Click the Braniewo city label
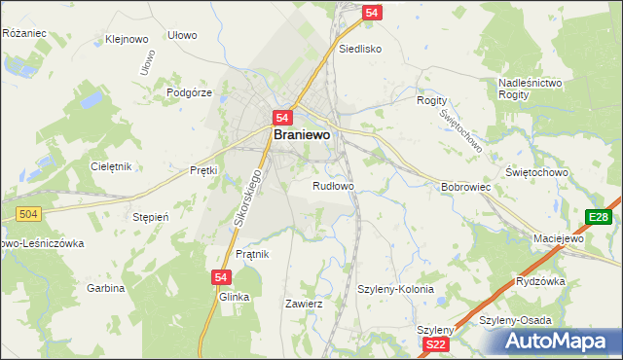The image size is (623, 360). [x=307, y=136]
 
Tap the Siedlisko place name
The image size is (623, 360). [x=359, y=48]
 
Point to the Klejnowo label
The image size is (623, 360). [x=127, y=41]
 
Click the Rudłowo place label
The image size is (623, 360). [x=333, y=186]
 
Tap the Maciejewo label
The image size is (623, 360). [x=558, y=238]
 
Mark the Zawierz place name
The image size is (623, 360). [x=303, y=304]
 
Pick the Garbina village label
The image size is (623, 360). [x=106, y=288]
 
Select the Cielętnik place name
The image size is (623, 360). [x=110, y=166]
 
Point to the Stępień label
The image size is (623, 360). [x=151, y=217]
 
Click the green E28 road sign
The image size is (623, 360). [x=598, y=217]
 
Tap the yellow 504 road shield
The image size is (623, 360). [x=27, y=213]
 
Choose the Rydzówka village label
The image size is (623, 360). [x=541, y=282]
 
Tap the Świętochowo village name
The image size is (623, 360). [x=564, y=172]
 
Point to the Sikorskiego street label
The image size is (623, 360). [x=248, y=201]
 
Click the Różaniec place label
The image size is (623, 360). [x=24, y=33]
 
